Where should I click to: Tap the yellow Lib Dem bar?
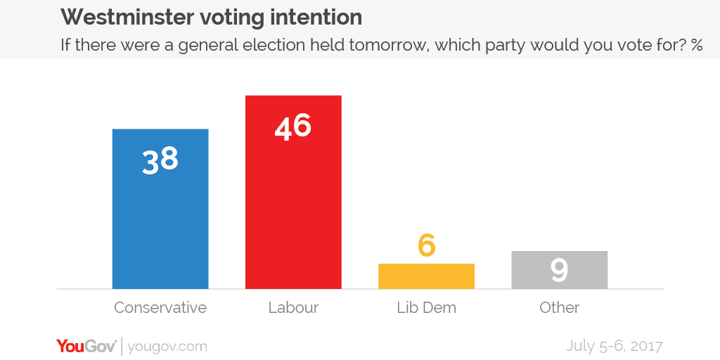coord(426,276)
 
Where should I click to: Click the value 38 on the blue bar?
coord(160,160)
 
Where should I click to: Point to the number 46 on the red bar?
coord(293,127)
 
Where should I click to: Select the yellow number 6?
coord(426,245)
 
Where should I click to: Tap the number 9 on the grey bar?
coord(559,271)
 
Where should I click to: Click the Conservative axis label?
coord(160,308)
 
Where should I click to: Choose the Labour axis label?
coord(293,308)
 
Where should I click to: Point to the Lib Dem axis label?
coord(426,308)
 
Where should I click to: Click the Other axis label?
coord(559,308)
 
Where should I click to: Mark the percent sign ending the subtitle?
coord(696,46)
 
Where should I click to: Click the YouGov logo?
coord(86,346)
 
